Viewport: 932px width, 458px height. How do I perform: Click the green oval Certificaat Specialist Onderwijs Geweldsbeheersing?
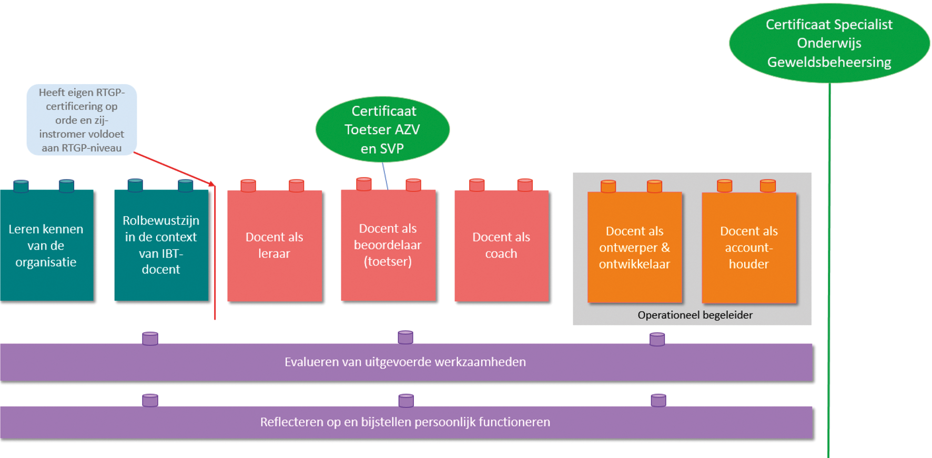click(x=829, y=43)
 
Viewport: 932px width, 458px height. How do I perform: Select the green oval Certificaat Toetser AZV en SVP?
click(x=382, y=129)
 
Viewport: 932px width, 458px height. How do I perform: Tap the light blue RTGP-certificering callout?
click(x=82, y=120)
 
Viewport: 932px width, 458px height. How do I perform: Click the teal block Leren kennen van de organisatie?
click(x=46, y=246)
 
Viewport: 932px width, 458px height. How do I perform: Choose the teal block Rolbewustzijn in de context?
click(x=161, y=245)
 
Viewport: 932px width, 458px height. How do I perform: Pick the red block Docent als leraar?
click(x=274, y=246)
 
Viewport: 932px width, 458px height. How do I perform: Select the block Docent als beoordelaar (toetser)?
click(x=388, y=245)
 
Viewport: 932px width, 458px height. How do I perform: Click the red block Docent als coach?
click(x=501, y=246)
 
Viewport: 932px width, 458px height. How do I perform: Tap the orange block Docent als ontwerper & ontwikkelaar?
click(x=634, y=247)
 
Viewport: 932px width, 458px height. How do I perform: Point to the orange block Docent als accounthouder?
click(x=748, y=247)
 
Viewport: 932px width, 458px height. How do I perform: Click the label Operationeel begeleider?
click(x=695, y=315)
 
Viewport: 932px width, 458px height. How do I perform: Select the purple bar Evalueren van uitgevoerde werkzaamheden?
click(x=406, y=362)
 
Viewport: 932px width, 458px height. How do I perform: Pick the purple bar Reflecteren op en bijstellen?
click(x=406, y=422)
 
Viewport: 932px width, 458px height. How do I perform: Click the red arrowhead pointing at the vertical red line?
click(x=212, y=184)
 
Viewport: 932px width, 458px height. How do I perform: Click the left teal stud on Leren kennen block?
click(x=21, y=186)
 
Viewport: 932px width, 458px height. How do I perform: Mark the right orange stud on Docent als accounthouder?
click(x=767, y=186)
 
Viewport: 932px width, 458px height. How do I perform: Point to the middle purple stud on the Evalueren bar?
click(x=406, y=337)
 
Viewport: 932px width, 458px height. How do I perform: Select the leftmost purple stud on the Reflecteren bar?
click(x=150, y=400)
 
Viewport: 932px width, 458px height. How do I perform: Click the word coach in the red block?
click(x=501, y=254)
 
